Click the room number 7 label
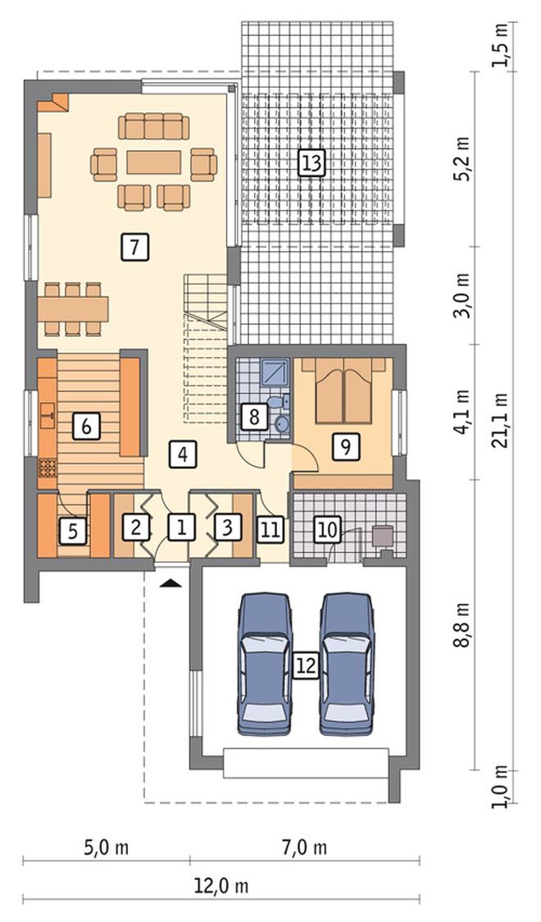click(134, 247)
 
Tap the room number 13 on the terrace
click(311, 162)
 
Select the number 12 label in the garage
click(306, 665)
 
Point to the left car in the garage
click(265, 664)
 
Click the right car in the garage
click(347, 664)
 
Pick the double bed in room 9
click(344, 391)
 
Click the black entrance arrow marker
click(170, 582)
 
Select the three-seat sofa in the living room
click(154, 126)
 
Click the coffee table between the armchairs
click(154, 162)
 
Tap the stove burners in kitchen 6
click(48, 468)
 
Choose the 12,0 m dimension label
click(221, 886)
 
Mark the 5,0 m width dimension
click(107, 847)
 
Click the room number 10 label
click(328, 529)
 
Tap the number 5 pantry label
click(73, 531)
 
